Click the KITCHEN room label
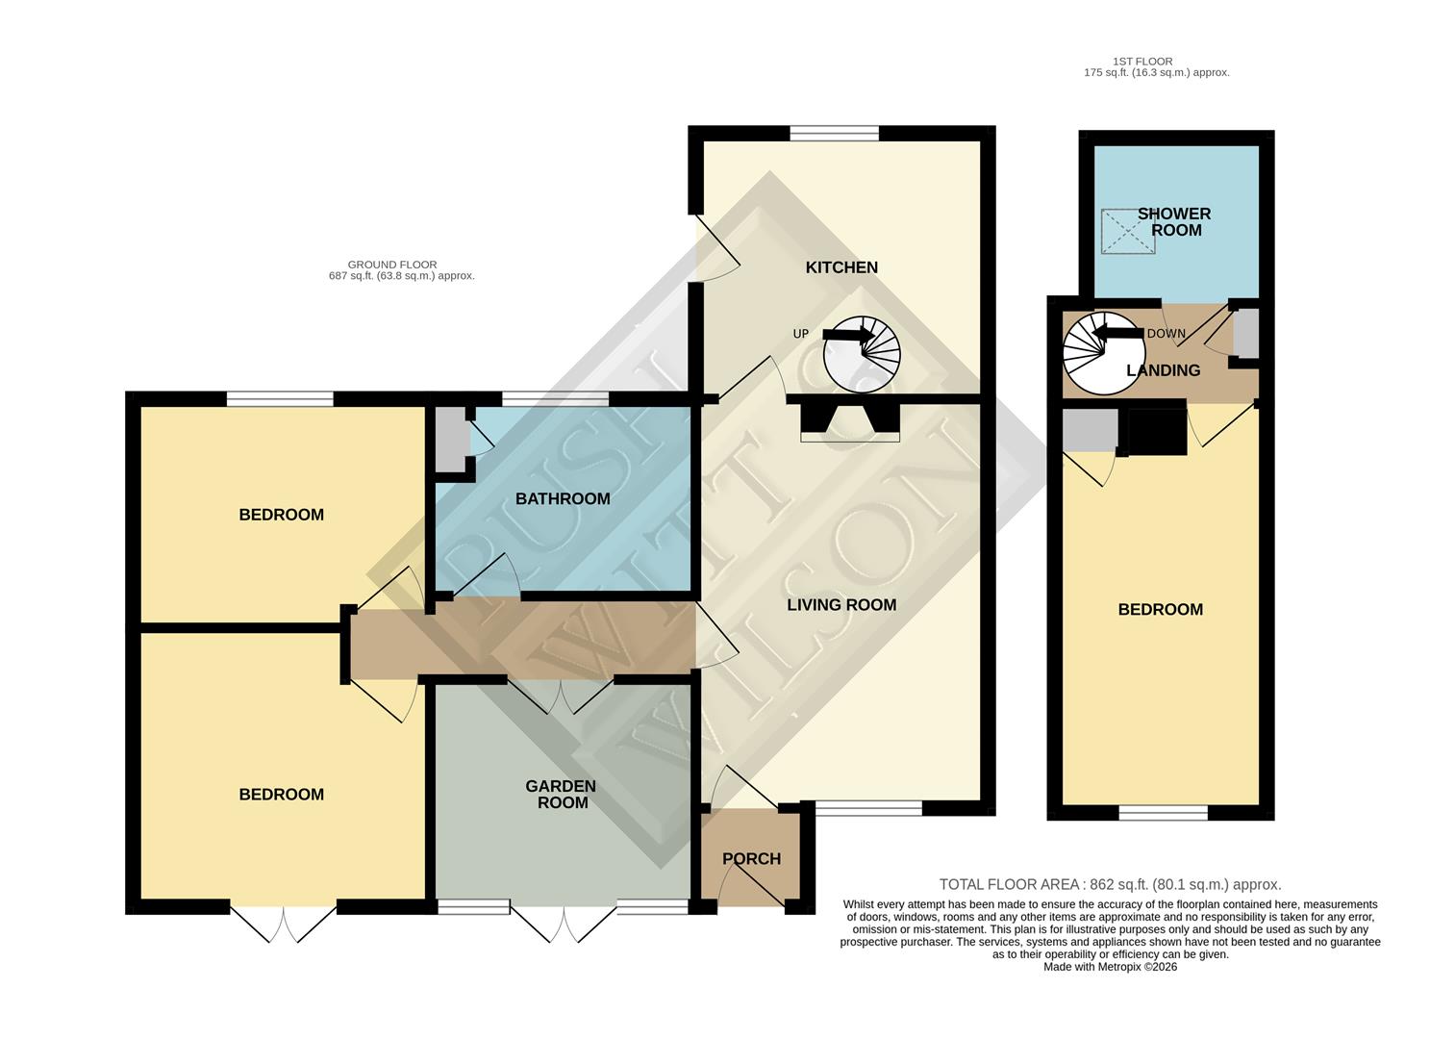pos(841,267)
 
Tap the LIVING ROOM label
pos(841,605)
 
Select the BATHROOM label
pos(563,498)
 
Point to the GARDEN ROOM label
pos(561,795)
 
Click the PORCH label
pos(751,859)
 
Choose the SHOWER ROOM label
pos(1175,222)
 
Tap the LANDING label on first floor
pos(1164,370)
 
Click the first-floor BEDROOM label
pos(1160,610)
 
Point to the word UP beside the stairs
pos(800,334)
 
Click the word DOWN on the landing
pos(1166,334)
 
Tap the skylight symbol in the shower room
pos(1128,232)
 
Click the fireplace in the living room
pos(850,421)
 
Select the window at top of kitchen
pos(834,135)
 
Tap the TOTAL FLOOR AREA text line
pos(1110,885)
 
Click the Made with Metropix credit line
pos(1110,967)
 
